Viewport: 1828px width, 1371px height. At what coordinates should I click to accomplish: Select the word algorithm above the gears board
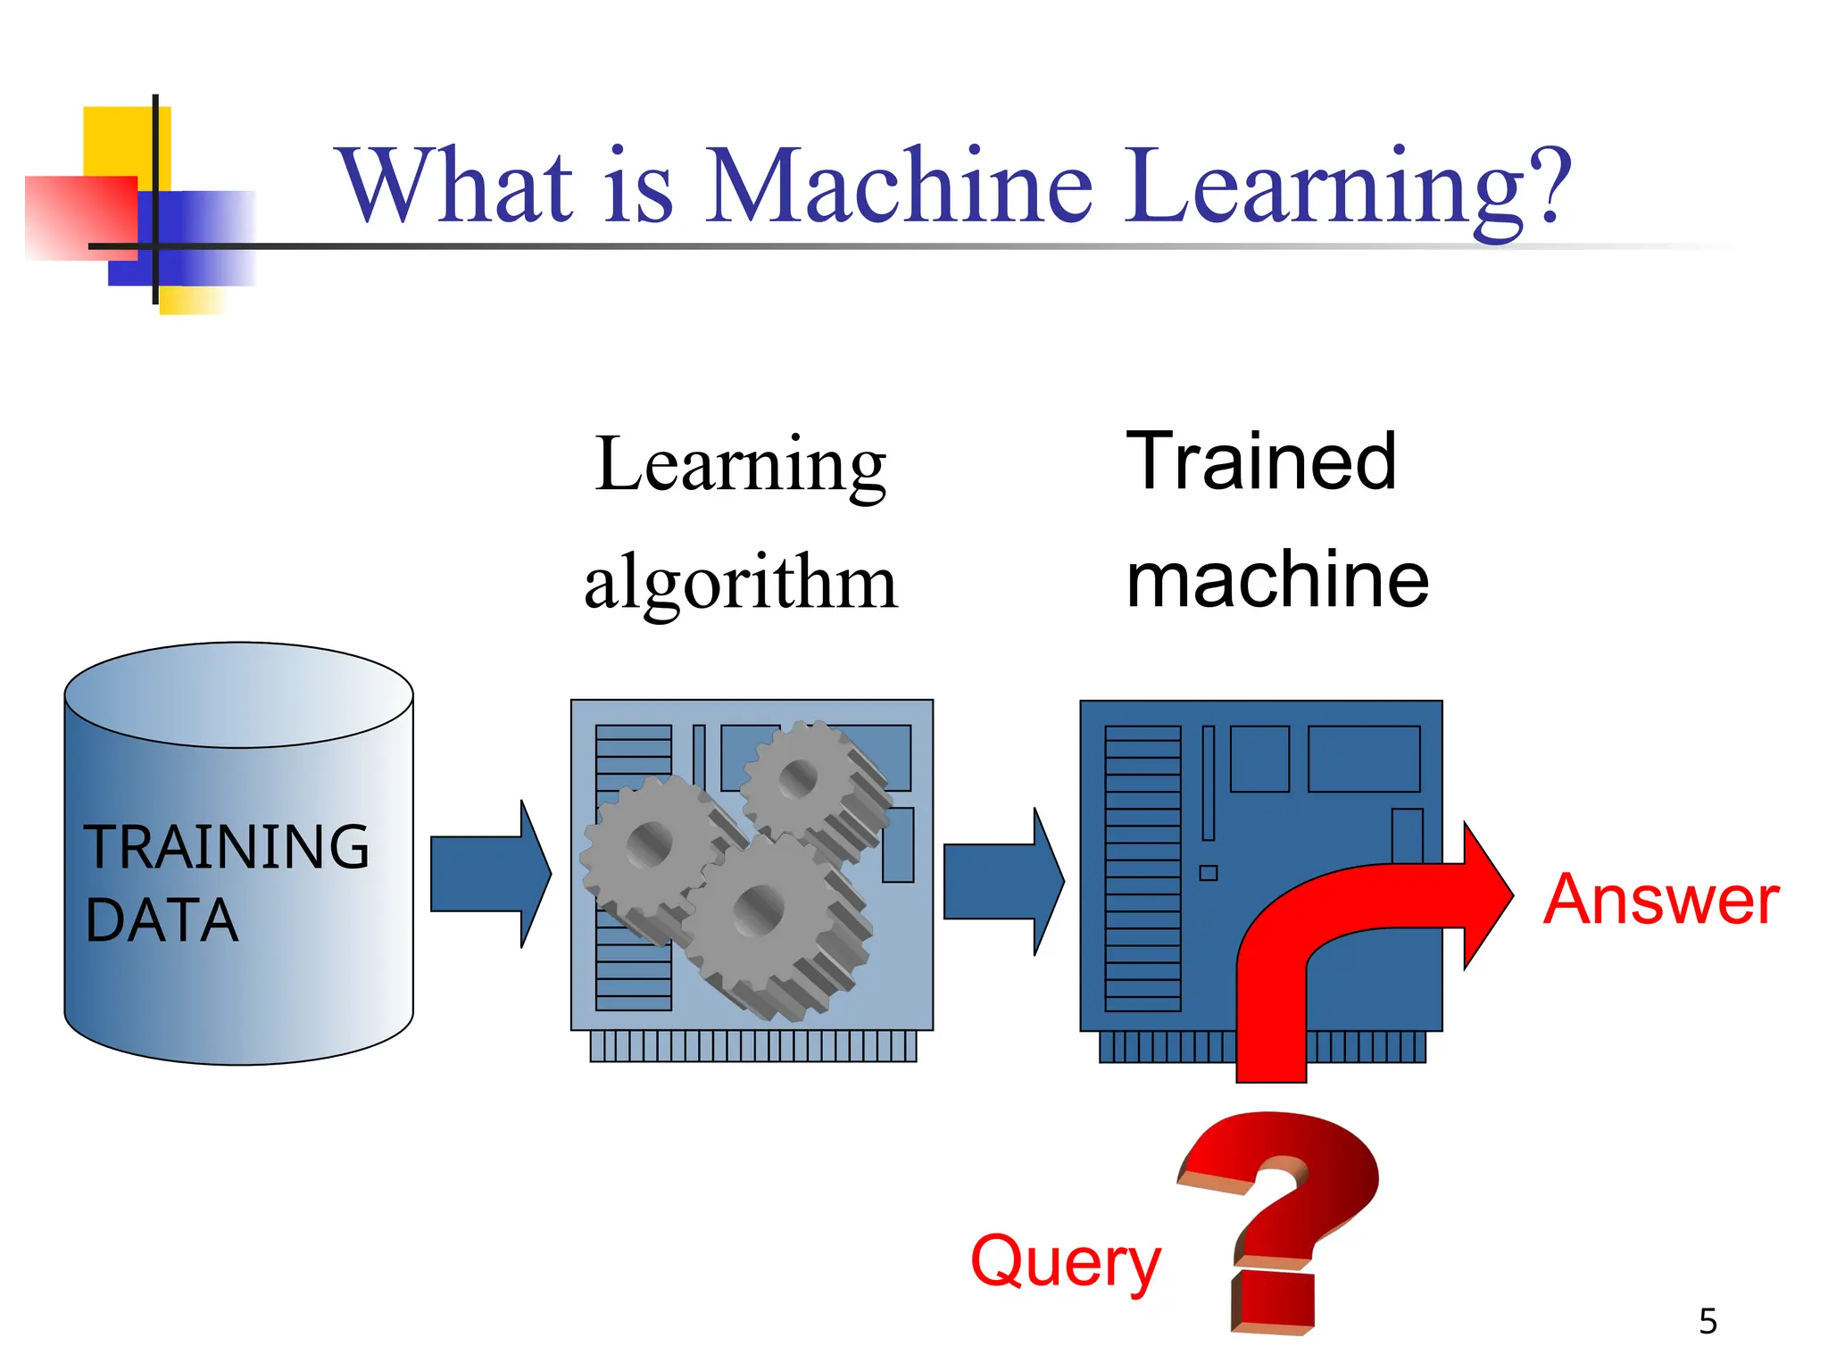click(x=740, y=582)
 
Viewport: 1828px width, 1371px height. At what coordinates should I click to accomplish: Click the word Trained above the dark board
click(x=1260, y=461)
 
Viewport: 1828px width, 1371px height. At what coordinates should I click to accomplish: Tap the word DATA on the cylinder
click(x=162, y=920)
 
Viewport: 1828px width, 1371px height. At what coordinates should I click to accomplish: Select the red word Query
click(x=1065, y=1261)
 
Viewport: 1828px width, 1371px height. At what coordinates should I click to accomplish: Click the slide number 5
click(x=1708, y=1321)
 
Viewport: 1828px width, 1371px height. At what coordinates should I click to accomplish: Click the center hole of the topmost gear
click(x=797, y=778)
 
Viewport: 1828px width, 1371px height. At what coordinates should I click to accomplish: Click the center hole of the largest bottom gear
click(x=759, y=910)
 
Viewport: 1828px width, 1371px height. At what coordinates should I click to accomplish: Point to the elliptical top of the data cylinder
click(x=238, y=695)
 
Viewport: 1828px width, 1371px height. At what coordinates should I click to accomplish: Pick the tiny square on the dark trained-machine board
click(x=1208, y=873)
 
